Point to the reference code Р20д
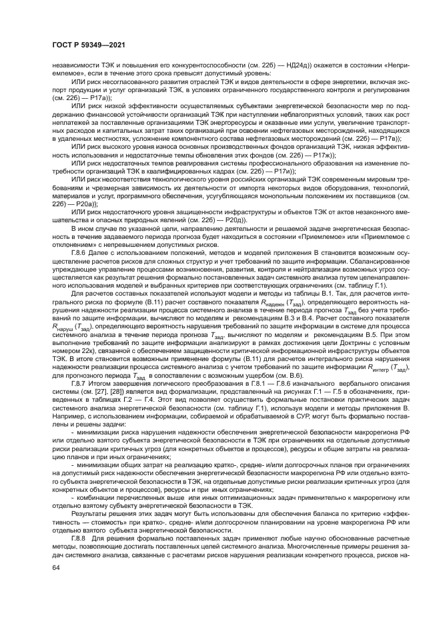237,219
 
